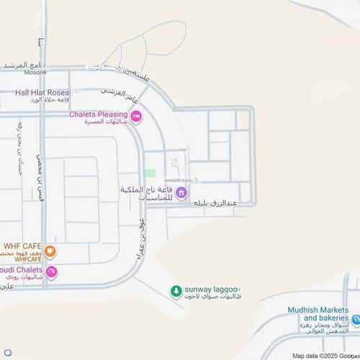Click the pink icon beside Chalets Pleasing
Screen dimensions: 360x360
pos(136,116)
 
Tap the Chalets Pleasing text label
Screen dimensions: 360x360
pos(98,114)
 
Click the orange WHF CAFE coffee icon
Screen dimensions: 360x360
pos(50,253)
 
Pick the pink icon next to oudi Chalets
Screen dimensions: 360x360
pos(51,272)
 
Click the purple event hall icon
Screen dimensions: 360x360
pos(181,192)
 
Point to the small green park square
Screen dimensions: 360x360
pos(150,173)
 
